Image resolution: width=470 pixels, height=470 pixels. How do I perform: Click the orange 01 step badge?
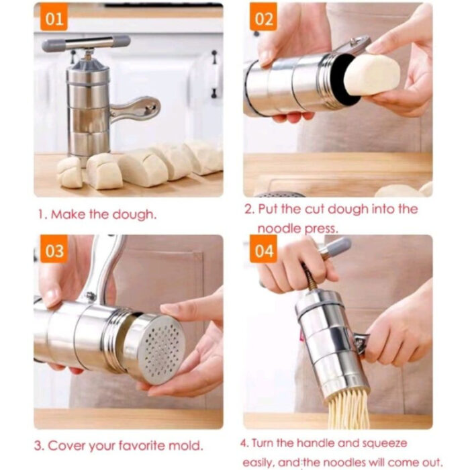point(54,18)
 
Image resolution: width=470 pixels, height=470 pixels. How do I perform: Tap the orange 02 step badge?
point(264,18)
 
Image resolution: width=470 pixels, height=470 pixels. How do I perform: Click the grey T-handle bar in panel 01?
point(86,44)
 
